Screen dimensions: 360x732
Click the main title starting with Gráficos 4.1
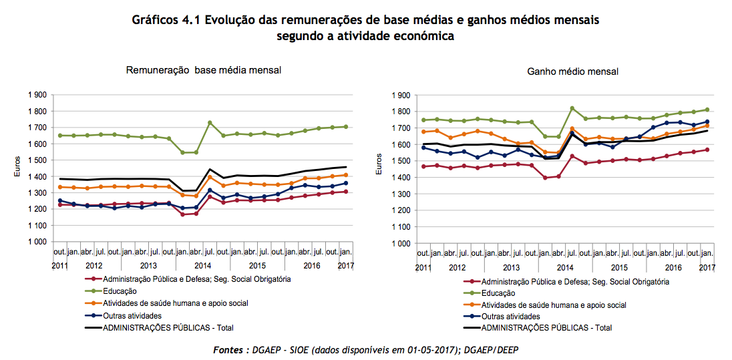[x=366, y=20]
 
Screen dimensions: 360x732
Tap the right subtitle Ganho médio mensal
[x=572, y=71]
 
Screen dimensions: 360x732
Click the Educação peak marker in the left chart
[x=210, y=123]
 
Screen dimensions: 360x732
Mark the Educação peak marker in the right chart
[x=572, y=108]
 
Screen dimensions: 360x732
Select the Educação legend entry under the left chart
[x=121, y=291]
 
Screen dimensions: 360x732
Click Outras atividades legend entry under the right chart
[x=510, y=317]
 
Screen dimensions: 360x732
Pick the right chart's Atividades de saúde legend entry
[x=554, y=305]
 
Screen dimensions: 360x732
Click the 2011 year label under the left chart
[x=59, y=266]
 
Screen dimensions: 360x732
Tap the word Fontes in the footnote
[x=230, y=350]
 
